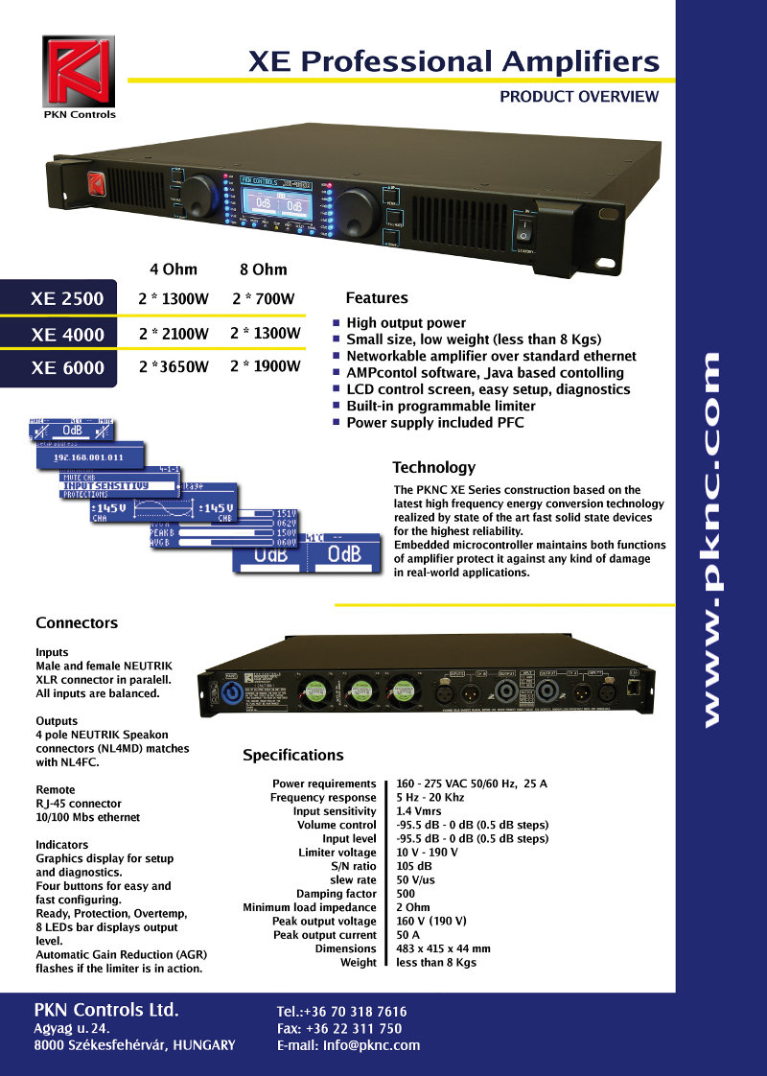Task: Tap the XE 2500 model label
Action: (x=67, y=299)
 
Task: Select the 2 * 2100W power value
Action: (x=174, y=335)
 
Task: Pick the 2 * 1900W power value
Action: (x=266, y=366)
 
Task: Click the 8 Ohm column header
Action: (x=263, y=269)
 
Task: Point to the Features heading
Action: (x=377, y=298)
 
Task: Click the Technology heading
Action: (x=433, y=468)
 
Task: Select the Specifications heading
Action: (x=292, y=756)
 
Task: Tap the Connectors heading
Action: (x=77, y=623)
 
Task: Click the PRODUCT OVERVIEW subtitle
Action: (x=579, y=97)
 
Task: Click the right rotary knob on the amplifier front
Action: (x=357, y=207)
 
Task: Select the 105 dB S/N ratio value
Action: (x=414, y=867)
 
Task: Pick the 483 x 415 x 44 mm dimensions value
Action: (x=443, y=949)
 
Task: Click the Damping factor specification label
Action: (x=336, y=895)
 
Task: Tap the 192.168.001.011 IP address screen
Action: (x=88, y=457)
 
